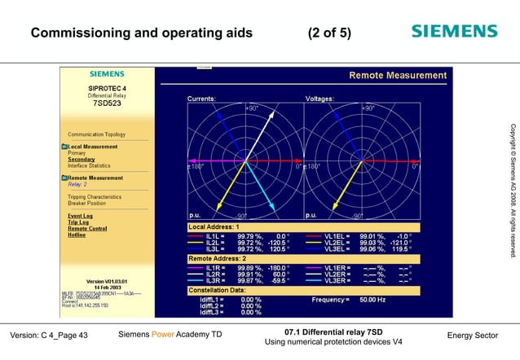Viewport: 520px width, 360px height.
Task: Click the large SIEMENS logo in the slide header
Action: pos(453,32)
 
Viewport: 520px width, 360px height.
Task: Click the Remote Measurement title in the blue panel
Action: pos(398,76)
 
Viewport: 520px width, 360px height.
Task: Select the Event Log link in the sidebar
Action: pos(80,216)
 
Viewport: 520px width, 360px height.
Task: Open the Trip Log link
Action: pos(78,222)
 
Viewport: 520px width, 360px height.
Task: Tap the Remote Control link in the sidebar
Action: pos(86,229)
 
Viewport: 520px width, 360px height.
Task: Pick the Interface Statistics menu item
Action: pos(89,165)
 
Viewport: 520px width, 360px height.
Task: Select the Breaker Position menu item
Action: pos(88,204)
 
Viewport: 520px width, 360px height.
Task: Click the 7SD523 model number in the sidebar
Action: pos(107,104)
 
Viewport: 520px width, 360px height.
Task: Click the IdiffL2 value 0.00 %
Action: pos(251,306)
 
